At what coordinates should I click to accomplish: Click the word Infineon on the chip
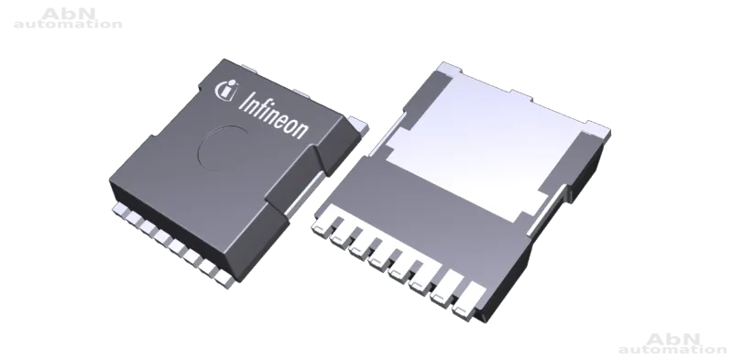click(273, 115)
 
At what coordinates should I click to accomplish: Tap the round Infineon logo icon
click(225, 90)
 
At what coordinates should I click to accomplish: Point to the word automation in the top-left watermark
click(68, 24)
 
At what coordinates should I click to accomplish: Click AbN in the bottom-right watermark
click(673, 339)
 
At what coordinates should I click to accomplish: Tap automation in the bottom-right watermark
click(673, 349)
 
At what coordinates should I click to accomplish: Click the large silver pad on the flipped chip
click(487, 145)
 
